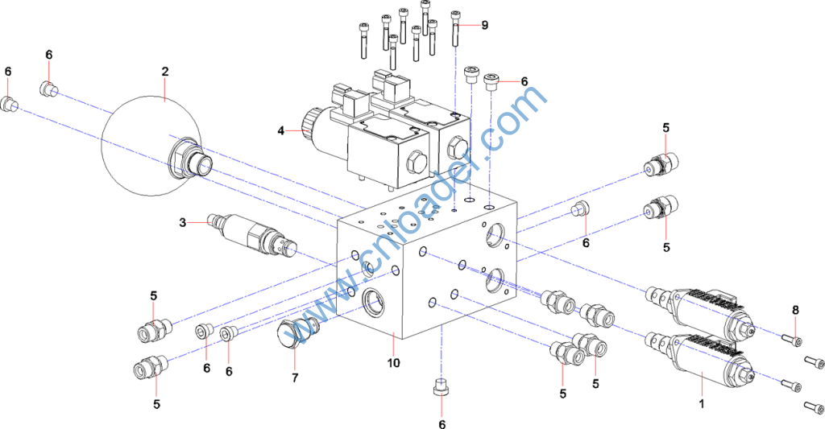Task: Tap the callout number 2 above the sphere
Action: (164, 72)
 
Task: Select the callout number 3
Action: (183, 221)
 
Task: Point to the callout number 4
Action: (281, 130)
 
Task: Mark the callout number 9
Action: (484, 25)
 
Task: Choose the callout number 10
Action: (393, 363)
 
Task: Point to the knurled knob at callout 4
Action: (307, 122)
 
